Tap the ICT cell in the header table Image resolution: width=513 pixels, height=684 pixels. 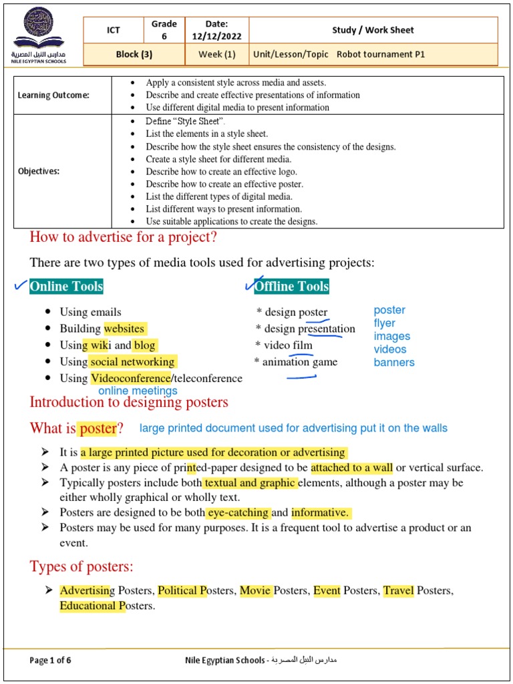114,30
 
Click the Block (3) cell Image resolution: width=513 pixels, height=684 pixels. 134,55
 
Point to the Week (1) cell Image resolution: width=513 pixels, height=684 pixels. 216,55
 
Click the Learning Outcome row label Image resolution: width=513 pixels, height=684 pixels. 53,95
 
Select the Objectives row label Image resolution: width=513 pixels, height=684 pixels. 39,171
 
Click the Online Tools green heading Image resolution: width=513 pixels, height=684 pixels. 66,287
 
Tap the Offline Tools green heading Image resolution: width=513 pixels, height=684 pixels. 292,287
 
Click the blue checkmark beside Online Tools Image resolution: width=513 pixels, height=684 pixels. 20,286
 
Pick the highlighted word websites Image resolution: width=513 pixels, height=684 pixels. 124,329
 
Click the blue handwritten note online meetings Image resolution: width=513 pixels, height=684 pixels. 138,391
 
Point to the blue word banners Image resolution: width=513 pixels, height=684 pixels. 394,363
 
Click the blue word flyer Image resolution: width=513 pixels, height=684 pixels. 385,323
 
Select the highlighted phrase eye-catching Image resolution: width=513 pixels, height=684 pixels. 238,513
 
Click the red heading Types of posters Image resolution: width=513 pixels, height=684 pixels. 81,567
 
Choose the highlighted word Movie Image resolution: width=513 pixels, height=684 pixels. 255,590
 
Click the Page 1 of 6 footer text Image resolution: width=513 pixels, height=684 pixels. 50,661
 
